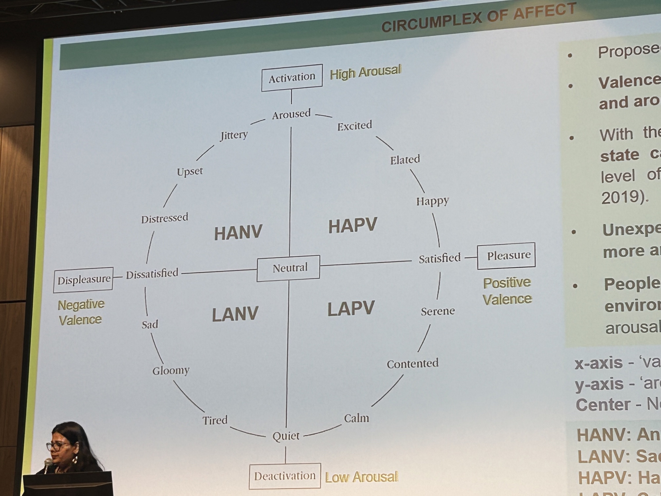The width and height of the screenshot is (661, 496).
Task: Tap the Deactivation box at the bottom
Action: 285,476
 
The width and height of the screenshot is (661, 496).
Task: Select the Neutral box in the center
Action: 289,268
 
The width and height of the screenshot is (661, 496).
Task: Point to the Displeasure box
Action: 83,280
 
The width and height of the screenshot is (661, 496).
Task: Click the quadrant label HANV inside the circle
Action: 238,232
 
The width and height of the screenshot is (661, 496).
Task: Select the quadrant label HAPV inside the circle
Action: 352,226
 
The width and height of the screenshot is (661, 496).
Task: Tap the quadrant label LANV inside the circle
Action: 235,314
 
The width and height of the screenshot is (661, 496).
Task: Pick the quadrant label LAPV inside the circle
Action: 351,309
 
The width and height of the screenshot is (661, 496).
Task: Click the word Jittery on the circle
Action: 234,135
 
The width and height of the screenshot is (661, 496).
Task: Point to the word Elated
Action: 405,160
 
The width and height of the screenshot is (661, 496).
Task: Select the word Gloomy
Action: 171,371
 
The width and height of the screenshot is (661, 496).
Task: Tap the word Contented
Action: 412,364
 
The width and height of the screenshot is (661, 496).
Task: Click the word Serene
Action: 438,311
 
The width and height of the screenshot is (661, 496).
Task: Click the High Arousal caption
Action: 365,72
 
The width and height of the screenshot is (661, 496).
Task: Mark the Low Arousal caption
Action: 362,477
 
